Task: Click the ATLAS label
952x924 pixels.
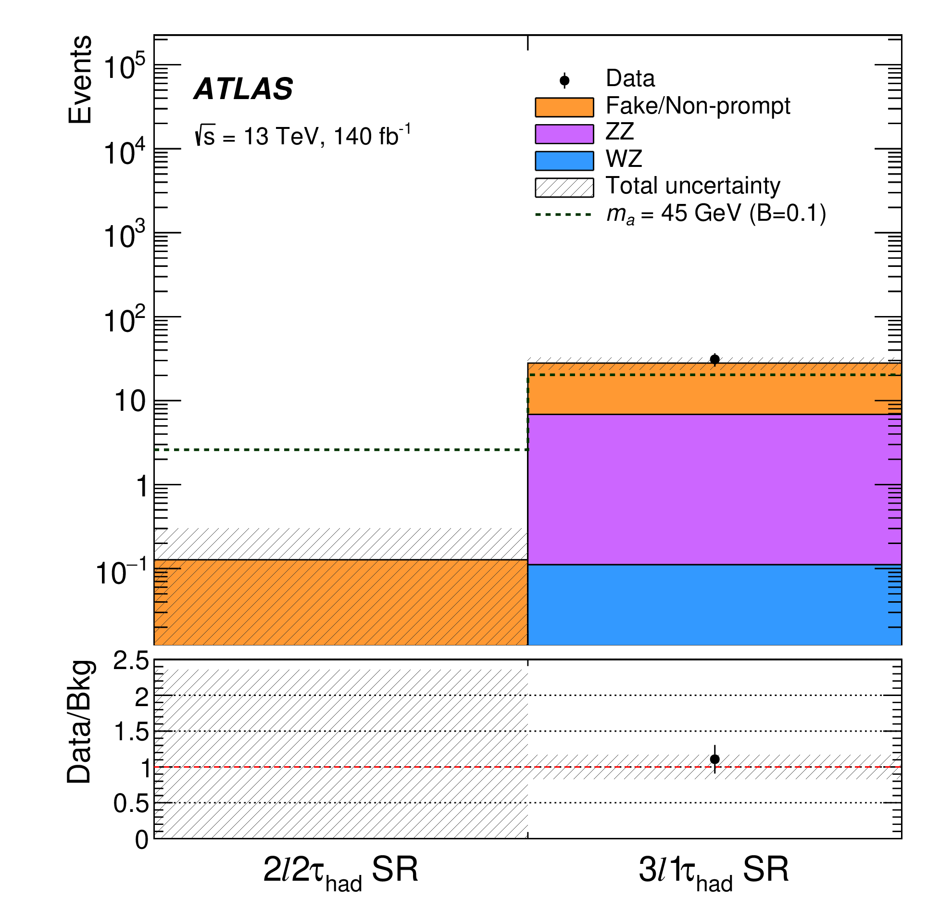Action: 243,89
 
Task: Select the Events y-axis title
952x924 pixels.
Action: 80,80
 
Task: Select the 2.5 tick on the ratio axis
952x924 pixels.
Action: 131,661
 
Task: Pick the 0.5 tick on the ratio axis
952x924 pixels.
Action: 131,804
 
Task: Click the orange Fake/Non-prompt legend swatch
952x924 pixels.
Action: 564,107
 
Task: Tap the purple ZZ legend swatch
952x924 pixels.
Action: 564,134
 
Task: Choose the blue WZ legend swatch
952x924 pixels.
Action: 564,161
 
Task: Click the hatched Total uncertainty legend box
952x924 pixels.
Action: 564,188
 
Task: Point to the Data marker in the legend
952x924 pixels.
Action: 564,80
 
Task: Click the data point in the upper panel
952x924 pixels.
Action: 714,359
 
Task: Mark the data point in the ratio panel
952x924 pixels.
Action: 714,759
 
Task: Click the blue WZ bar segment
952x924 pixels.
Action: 714,604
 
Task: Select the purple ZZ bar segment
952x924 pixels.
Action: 714,489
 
